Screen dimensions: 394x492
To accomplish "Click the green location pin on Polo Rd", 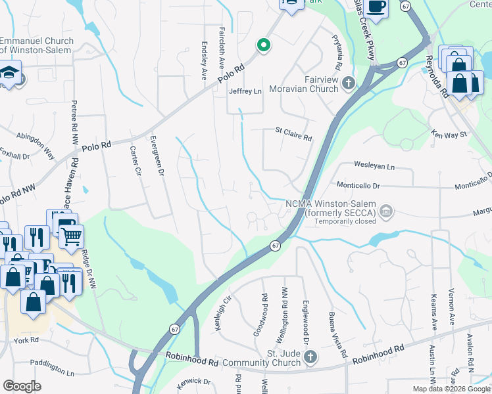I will [263, 45].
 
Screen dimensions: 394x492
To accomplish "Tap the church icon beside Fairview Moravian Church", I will [347, 83].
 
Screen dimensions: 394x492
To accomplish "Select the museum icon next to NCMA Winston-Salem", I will [386, 211].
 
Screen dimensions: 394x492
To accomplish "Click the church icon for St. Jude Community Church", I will [310, 358].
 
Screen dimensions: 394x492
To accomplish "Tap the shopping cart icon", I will [72, 235].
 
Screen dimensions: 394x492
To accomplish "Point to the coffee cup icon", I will [376, 7].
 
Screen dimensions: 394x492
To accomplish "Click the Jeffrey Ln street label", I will [245, 91].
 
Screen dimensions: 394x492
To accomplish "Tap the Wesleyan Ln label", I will [374, 167].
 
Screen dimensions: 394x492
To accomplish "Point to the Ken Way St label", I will [449, 134].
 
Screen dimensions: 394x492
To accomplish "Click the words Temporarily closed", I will [345, 221].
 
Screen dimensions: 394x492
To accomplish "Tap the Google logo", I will [22, 386].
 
